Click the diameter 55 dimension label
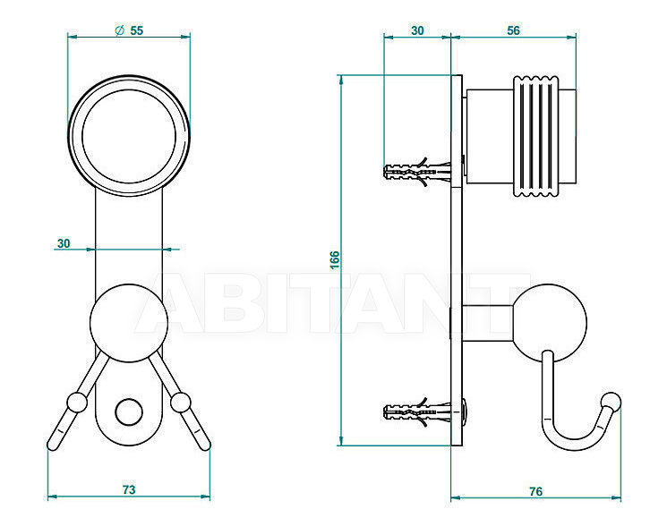(x=129, y=30)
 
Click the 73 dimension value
(x=129, y=489)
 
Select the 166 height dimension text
(x=335, y=259)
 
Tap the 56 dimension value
(x=513, y=30)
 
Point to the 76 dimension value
(x=536, y=491)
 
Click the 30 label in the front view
(x=64, y=243)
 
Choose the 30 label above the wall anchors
(x=417, y=30)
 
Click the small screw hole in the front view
(x=129, y=412)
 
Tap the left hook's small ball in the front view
(x=77, y=403)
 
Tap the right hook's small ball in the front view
(x=181, y=403)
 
